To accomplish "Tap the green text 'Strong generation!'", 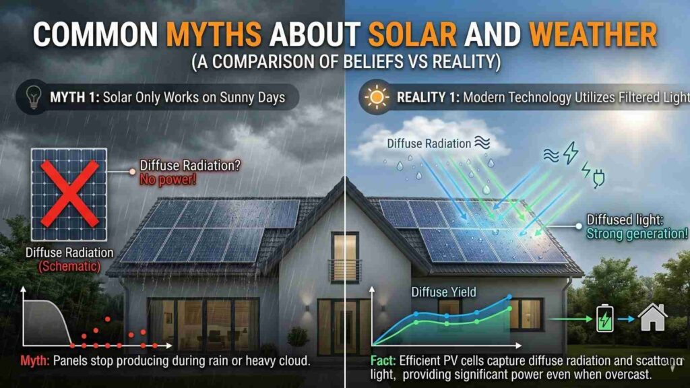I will [637, 234].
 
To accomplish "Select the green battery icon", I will [605, 319].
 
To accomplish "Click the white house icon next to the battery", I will [652, 317].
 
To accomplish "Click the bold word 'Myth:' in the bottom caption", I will [33, 358].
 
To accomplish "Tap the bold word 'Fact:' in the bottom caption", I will [383, 359].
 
